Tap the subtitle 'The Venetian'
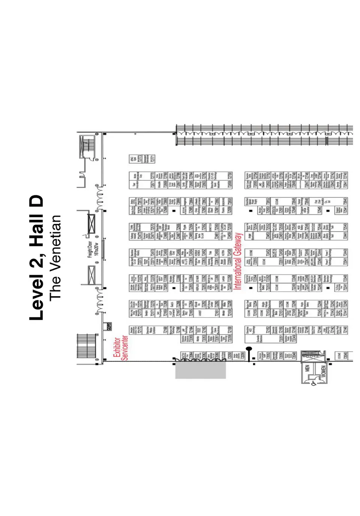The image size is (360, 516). click(x=55, y=258)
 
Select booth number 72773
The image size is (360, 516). click(x=140, y=159)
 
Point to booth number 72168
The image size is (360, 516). click(x=165, y=330)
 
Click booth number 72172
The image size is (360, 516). click(x=140, y=330)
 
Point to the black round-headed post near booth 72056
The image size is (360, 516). click(x=249, y=349)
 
